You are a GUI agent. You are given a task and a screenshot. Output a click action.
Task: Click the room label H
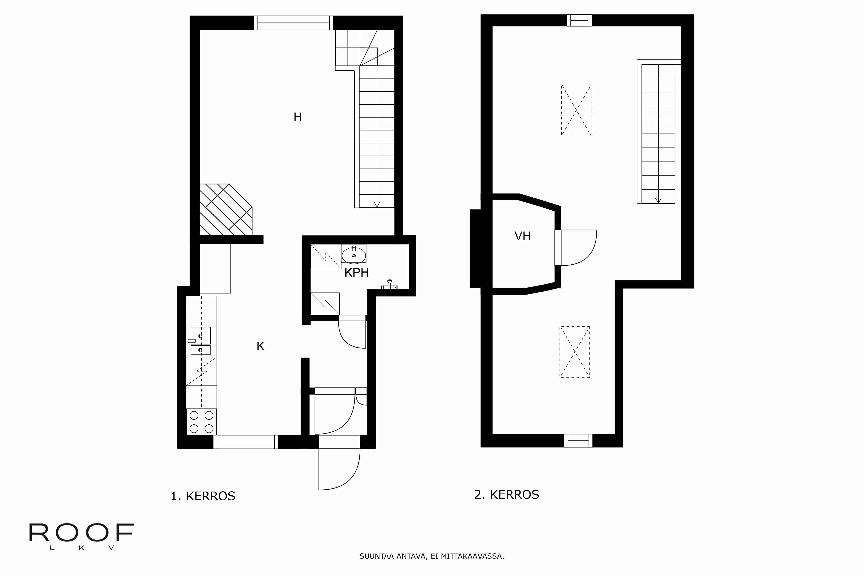tap(298, 117)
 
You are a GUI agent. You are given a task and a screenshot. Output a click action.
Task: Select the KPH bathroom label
tap(356, 273)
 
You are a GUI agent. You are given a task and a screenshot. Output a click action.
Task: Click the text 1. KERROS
tap(203, 496)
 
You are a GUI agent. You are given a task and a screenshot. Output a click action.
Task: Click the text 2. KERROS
tap(507, 495)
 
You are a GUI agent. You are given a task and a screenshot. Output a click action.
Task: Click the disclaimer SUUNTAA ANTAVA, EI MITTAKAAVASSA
tap(432, 556)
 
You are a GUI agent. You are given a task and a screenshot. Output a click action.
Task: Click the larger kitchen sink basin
tap(201, 335)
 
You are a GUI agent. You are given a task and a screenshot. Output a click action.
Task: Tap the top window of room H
tap(294, 23)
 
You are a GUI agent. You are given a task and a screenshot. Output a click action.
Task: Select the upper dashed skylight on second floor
tap(576, 110)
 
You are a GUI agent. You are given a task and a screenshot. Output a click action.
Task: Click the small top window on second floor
tap(579, 20)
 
